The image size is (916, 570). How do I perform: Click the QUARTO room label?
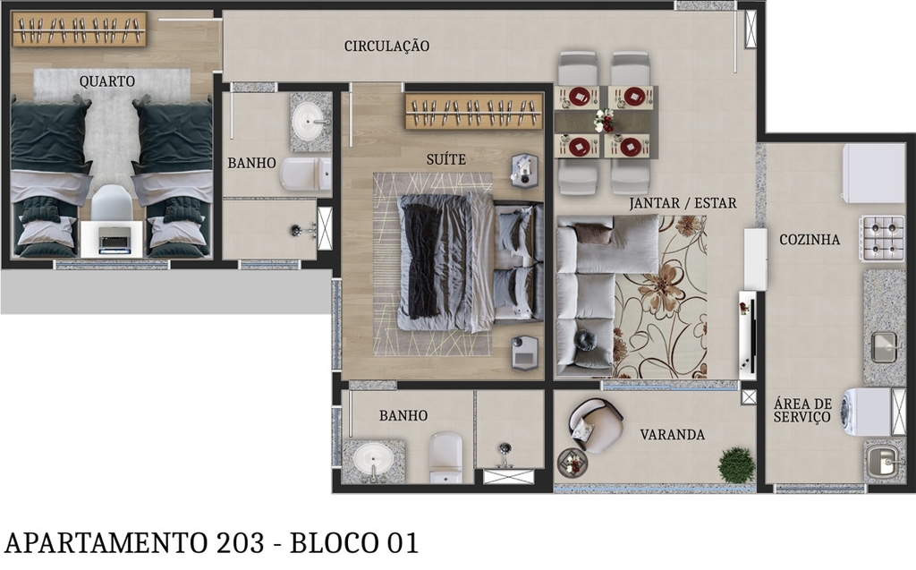106,81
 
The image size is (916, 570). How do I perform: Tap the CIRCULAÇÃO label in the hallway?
386,46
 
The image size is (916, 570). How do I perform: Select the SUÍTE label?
445,159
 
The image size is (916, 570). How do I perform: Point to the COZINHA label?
809,240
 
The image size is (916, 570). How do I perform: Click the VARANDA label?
672,435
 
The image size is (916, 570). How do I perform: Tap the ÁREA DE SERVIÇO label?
802,411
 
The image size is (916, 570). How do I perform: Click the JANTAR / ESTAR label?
683,203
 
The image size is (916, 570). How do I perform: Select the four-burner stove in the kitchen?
882,237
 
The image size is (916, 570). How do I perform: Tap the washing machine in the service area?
867,412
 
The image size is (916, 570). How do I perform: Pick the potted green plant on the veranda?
736,465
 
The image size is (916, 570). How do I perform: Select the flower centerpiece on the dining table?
606,121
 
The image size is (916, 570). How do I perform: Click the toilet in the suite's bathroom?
445,456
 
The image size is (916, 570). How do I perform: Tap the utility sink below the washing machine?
883,462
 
